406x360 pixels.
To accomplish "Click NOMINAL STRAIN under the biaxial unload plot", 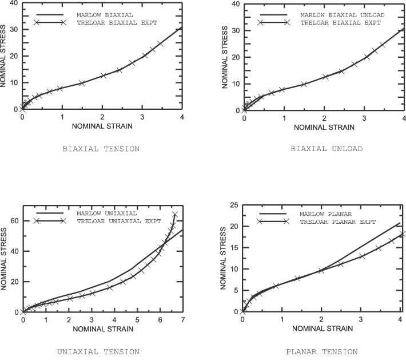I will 324,126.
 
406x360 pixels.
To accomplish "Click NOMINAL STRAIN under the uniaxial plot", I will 102,329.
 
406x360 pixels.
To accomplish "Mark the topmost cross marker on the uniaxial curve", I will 175,215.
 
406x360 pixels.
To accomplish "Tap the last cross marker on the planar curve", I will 403,234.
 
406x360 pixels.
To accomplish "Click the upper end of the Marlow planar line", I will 400,223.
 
